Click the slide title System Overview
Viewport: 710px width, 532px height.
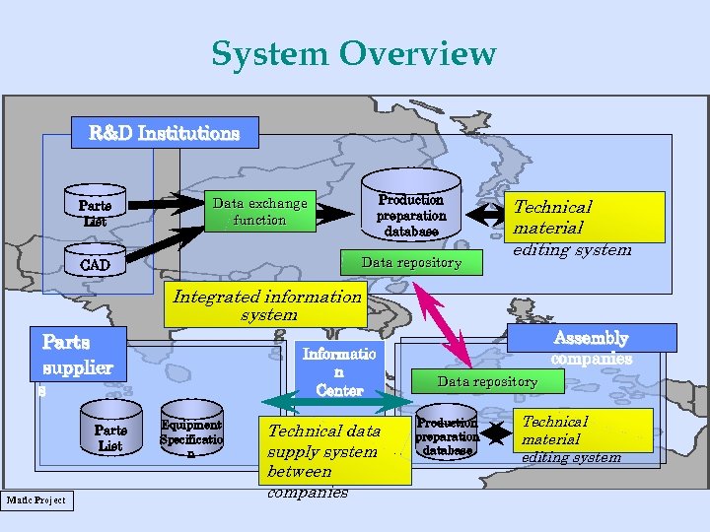[x=353, y=53]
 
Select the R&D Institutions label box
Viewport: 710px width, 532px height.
[x=165, y=132]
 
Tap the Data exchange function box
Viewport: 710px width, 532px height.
[x=259, y=212]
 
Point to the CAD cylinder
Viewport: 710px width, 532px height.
[x=95, y=264]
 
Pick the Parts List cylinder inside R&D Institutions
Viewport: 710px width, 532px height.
[x=95, y=212]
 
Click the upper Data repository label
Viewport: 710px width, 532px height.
[x=411, y=262]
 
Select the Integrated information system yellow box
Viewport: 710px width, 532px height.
[x=266, y=305]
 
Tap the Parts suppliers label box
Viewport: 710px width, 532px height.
[x=78, y=355]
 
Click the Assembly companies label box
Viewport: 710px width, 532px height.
[x=591, y=338]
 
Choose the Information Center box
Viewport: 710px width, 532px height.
[x=338, y=371]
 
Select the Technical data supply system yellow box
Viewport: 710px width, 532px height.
[x=337, y=451]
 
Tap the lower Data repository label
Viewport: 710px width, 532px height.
[x=487, y=381]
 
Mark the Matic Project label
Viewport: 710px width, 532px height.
[x=35, y=500]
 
